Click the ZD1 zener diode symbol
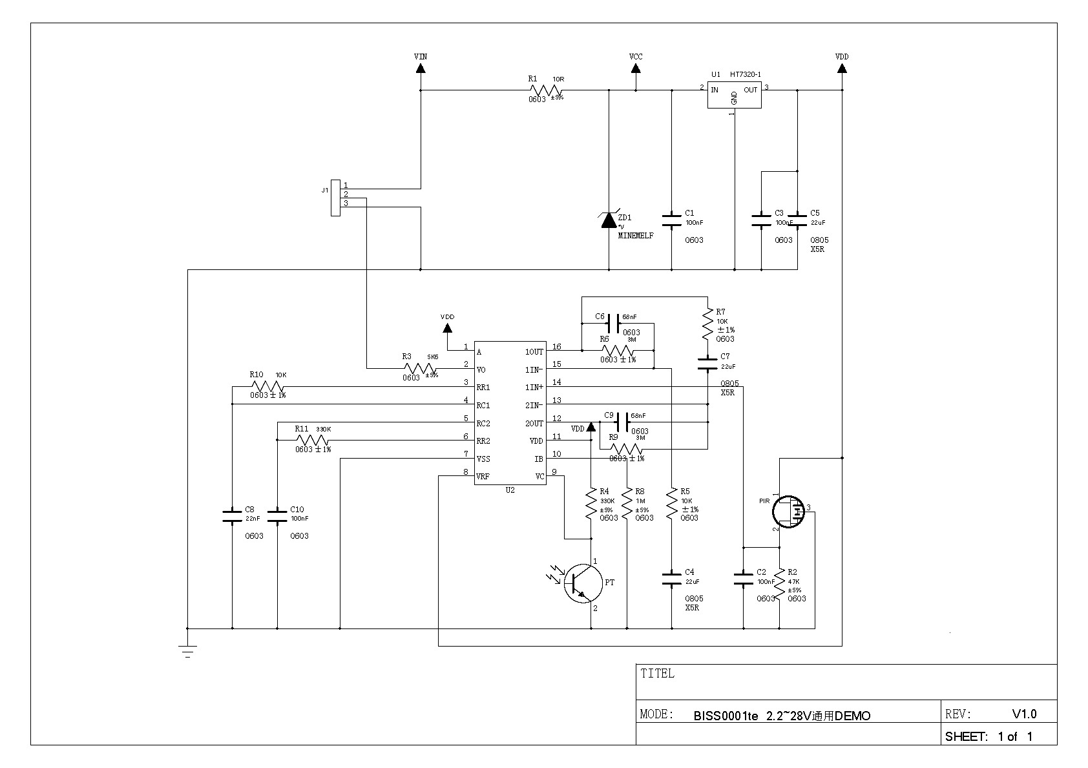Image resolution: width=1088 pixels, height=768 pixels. coord(609,220)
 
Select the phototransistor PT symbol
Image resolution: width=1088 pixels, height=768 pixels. coord(583,583)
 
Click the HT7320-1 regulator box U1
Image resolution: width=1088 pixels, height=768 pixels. coord(734,95)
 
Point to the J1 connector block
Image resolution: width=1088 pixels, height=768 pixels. coord(335,198)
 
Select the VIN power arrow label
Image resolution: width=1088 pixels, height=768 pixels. coord(421,57)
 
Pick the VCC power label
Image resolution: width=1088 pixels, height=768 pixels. coord(636,57)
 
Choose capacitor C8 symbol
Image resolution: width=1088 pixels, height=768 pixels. coord(232,516)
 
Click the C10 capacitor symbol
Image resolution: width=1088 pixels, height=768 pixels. coord(277,516)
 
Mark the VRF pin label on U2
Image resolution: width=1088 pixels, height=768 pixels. coord(483,477)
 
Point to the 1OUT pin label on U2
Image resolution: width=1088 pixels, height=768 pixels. coord(534,352)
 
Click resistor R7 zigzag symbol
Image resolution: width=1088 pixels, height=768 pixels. coord(708,325)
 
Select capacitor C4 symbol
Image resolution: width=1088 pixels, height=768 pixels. coord(672,579)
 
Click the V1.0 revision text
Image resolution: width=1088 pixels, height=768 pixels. coord(1024,714)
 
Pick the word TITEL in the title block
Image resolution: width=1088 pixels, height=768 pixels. coord(657,674)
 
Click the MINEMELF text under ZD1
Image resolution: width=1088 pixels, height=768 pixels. coord(636,236)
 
